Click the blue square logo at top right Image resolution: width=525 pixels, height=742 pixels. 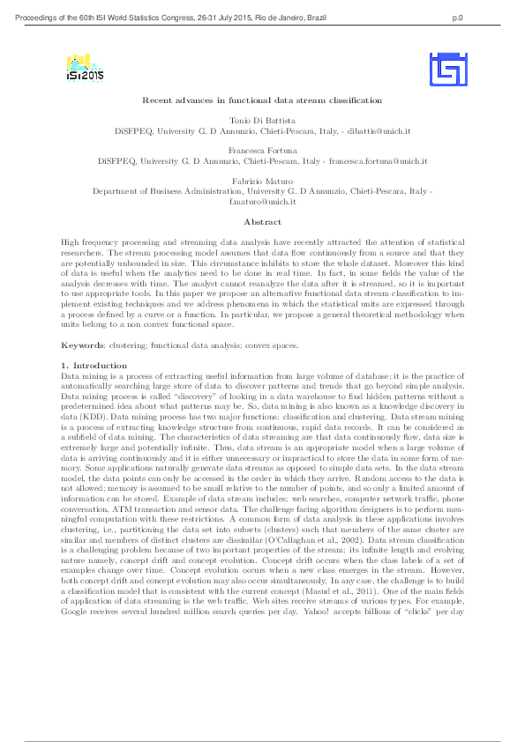447,69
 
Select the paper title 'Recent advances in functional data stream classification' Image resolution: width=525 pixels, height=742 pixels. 262,101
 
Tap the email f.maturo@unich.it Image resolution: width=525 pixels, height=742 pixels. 262,202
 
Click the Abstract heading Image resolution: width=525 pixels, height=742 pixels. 262,222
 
